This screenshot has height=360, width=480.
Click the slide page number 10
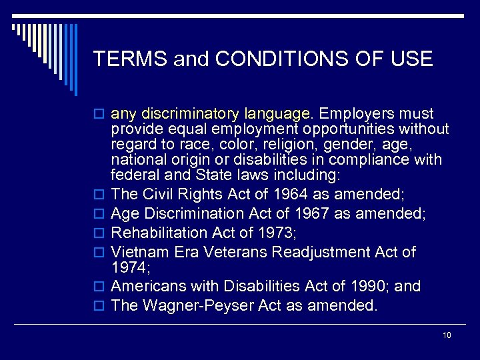(447, 335)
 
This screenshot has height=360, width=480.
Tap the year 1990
(367, 286)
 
